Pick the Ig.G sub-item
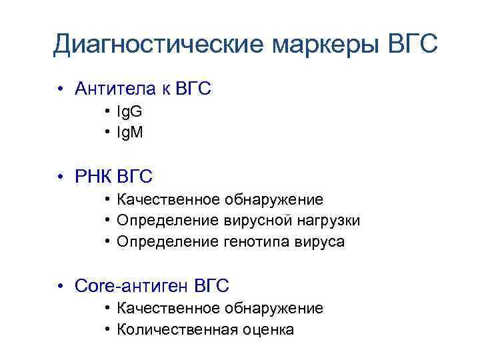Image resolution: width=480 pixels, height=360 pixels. (x=129, y=112)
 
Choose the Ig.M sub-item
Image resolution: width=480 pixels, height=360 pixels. (x=130, y=133)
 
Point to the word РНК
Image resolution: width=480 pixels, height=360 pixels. (x=94, y=177)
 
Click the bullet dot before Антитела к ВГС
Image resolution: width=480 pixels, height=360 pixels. (x=60, y=89)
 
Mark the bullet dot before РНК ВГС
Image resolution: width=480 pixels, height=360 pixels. (x=60, y=177)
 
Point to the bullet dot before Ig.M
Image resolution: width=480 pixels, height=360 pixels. (x=107, y=133)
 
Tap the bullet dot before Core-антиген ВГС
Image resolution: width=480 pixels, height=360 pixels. (x=60, y=287)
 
